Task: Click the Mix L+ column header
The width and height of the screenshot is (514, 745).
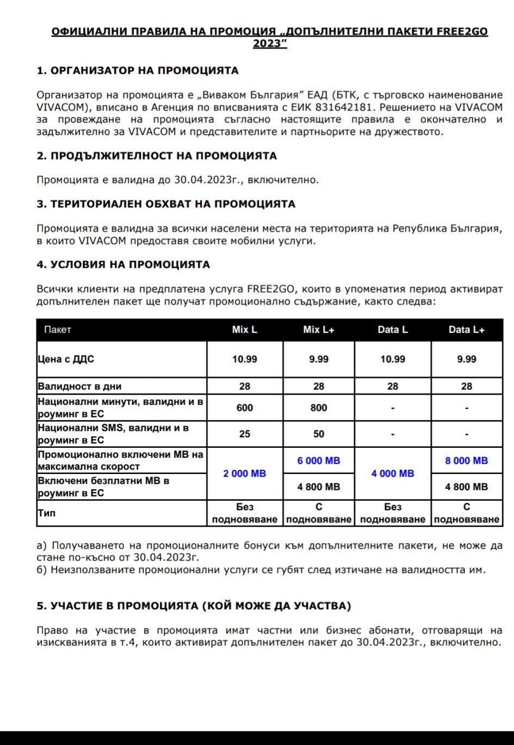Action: point(319,330)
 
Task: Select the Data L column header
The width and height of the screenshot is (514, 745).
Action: point(393,330)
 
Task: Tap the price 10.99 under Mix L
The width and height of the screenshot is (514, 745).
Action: point(245,359)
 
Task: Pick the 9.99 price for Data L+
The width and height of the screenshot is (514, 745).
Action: point(467,359)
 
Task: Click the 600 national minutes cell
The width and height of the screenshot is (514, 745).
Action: point(245,408)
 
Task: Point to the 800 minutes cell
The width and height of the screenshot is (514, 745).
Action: point(319,408)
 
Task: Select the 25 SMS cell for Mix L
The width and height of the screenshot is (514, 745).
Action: point(245,434)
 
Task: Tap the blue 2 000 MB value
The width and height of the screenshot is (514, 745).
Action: point(245,473)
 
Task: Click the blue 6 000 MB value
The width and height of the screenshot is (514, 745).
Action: point(319,460)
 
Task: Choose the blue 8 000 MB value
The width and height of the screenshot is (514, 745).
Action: point(467,460)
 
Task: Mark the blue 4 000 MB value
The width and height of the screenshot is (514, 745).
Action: point(393,473)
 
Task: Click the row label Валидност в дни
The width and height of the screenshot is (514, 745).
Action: point(79,386)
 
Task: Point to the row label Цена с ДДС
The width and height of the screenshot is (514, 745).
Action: point(66,359)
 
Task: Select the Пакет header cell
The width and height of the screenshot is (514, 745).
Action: point(58,330)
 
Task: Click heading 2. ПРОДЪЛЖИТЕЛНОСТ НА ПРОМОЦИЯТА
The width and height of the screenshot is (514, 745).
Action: point(157,156)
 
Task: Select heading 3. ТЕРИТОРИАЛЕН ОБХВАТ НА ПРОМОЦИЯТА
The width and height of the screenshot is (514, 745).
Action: point(166,205)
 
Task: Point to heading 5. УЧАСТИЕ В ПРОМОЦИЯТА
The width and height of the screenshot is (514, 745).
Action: point(194,606)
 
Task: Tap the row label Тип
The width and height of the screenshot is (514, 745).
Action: point(47,513)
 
